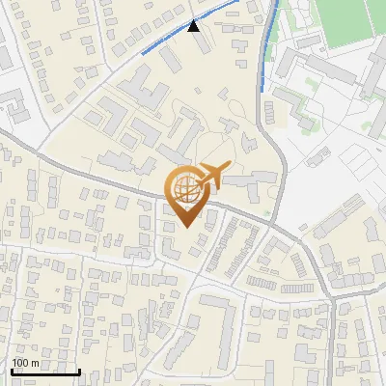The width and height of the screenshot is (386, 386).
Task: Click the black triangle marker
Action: pos(195,26)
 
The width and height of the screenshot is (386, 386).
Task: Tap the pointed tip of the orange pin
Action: pos(185,227)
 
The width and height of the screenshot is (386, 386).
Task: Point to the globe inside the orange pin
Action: pos(185,190)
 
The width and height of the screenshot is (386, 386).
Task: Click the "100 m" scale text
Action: pos(26,363)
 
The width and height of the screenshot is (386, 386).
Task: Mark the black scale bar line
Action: pos(45,372)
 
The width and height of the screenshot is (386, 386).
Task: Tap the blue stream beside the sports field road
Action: pos(268,48)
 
